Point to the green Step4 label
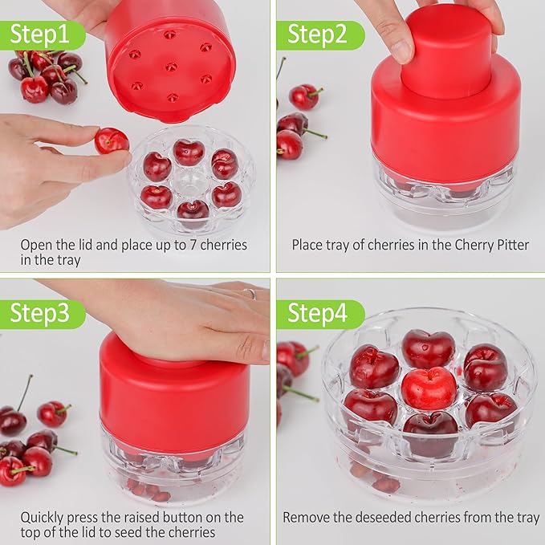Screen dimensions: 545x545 pyautogui.click(x=318, y=314)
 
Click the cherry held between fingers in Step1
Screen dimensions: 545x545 pyautogui.click(x=111, y=141)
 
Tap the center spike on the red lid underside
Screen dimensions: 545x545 pyautogui.click(x=171, y=67)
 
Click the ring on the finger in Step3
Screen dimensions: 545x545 pyautogui.click(x=250, y=294)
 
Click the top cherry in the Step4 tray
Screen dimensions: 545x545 pyautogui.click(x=428, y=348)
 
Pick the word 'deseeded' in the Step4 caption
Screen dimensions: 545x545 pyautogui.click(x=386, y=518)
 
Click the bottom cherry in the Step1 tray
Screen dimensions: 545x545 pyautogui.click(x=193, y=211)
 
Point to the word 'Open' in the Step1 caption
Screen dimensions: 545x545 pyautogui.click(x=36, y=244)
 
